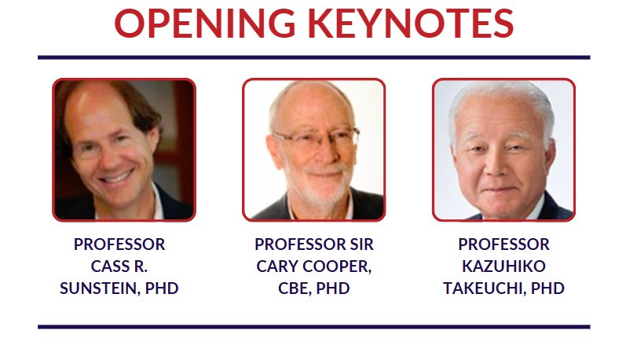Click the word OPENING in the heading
pos(205,23)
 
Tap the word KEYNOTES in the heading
pos(411,23)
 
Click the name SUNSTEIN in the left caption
pos(98,288)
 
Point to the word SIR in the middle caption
pos(362,244)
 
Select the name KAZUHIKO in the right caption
pos(503,266)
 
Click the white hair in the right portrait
pos(503,105)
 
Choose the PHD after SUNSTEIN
pos(162,288)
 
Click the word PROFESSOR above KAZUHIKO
pos(503,244)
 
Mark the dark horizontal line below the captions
pos(314,327)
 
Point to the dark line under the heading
pos(314,57)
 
